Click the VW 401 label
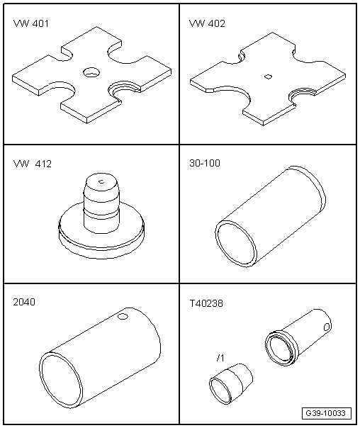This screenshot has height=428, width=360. click(x=31, y=23)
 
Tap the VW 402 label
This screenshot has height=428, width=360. click(x=207, y=23)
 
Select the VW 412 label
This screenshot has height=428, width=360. click(x=32, y=164)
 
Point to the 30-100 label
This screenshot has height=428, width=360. click(x=205, y=163)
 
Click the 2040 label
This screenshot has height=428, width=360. click(x=24, y=302)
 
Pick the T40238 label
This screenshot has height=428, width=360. click(x=206, y=303)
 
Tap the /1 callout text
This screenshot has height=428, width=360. click(x=220, y=358)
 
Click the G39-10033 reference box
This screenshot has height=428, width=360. click(x=327, y=413)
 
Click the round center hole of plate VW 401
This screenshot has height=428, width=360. click(x=91, y=72)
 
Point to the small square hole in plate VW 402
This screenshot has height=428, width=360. click(x=268, y=77)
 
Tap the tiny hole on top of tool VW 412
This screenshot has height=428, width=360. click(x=101, y=181)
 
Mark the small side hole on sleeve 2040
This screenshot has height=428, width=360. click(x=123, y=317)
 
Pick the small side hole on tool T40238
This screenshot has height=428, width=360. click(x=327, y=327)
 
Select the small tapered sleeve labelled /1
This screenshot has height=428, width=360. click(x=231, y=383)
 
